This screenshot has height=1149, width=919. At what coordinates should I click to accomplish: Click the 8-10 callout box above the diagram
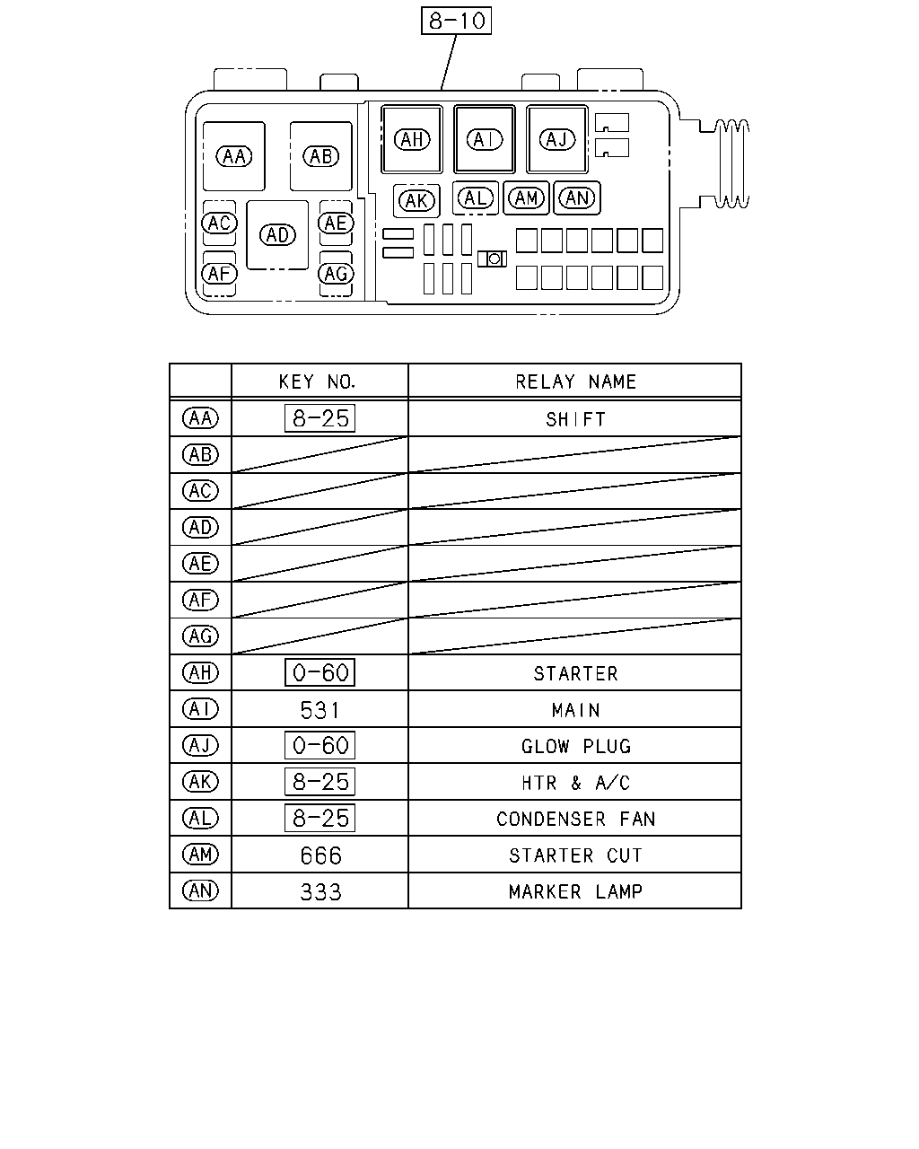(x=456, y=21)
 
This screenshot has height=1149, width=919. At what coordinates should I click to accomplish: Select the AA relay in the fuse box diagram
(x=234, y=156)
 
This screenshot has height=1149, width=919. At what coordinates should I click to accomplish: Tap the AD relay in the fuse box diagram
(x=277, y=235)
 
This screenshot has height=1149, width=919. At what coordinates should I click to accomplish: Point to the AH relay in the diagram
(x=412, y=139)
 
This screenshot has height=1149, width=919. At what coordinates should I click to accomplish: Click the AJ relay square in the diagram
(x=557, y=139)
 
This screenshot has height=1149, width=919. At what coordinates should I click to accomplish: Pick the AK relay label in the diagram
(x=416, y=201)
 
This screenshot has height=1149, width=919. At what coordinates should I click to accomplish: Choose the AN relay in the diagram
(x=577, y=198)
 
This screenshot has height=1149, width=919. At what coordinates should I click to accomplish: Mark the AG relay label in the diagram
(x=336, y=274)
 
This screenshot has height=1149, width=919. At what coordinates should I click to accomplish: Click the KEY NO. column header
(x=317, y=382)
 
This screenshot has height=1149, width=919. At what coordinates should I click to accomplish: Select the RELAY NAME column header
(x=575, y=382)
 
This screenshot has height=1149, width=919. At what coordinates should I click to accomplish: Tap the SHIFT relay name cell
(x=575, y=419)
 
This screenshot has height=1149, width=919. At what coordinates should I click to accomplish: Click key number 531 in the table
(x=319, y=710)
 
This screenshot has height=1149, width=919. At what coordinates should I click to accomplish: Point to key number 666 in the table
(x=320, y=855)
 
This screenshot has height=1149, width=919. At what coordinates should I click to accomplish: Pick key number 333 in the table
(x=320, y=892)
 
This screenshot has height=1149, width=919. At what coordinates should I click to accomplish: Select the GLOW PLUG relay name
(x=576, y=747)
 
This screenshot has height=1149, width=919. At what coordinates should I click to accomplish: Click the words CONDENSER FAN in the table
(x=575, y=819)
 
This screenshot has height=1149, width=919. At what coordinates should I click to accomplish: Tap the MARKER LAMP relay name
(x=575, y=891)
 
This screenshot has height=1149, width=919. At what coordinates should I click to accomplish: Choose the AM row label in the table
(x=201, y=855)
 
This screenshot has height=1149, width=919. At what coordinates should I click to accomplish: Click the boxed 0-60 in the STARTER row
(x=319, y=672)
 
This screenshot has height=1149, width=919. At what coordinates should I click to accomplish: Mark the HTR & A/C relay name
(x=575, y=783)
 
